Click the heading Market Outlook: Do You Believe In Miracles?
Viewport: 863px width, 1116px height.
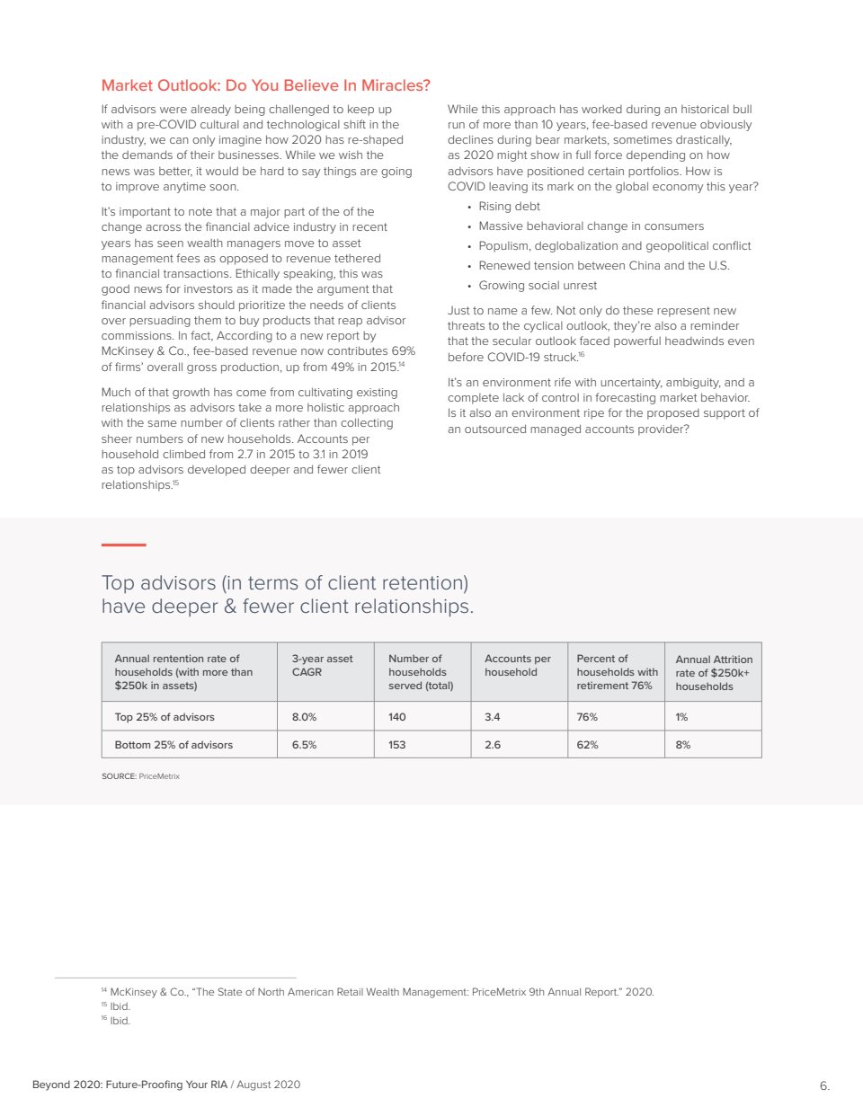coord(265,85)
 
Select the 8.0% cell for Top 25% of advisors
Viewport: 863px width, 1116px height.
coord(304,717)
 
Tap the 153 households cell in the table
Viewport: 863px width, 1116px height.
coord(397,745)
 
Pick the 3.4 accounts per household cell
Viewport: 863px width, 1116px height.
coord(493,717)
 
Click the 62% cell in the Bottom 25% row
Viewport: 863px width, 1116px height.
coord(587,745)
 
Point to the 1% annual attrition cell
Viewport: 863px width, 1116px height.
coord(681,717)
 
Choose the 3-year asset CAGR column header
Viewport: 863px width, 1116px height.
coord(322,665)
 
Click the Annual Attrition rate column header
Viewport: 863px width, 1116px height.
coord(714,672)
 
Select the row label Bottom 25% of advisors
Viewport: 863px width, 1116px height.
coord(173,745)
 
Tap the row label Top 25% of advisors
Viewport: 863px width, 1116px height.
coord(165,717)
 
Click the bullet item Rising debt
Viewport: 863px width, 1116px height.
coord(509,207)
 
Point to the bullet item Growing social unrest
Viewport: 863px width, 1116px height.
coord(538,286)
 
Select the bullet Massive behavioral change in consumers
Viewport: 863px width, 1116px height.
coord(591,226)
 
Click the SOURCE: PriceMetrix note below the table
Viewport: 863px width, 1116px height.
coord(140,776)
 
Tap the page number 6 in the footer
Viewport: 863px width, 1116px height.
coord(823,1085)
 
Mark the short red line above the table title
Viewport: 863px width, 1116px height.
coord(123,545)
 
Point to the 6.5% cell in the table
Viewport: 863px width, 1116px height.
coord(304,745)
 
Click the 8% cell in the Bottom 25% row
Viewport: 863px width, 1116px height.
coord(683,745)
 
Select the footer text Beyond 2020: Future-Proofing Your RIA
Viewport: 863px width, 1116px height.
coord(129,1085)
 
